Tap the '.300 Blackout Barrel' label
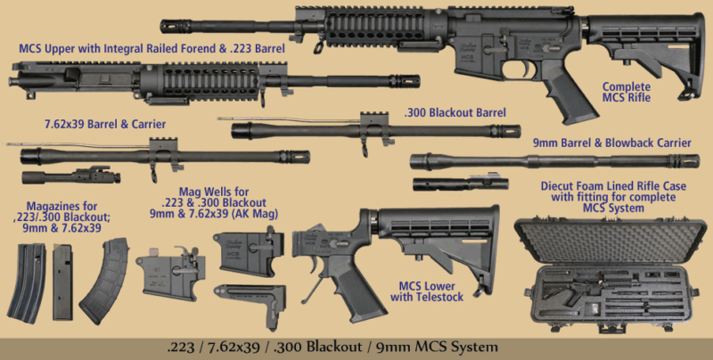pyautogui.click(x=455, y=113)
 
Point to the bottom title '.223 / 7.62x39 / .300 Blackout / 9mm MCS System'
pyautogui.click(x=356, y=346)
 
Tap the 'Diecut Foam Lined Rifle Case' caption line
pyautogui.click(x=612, y=188)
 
